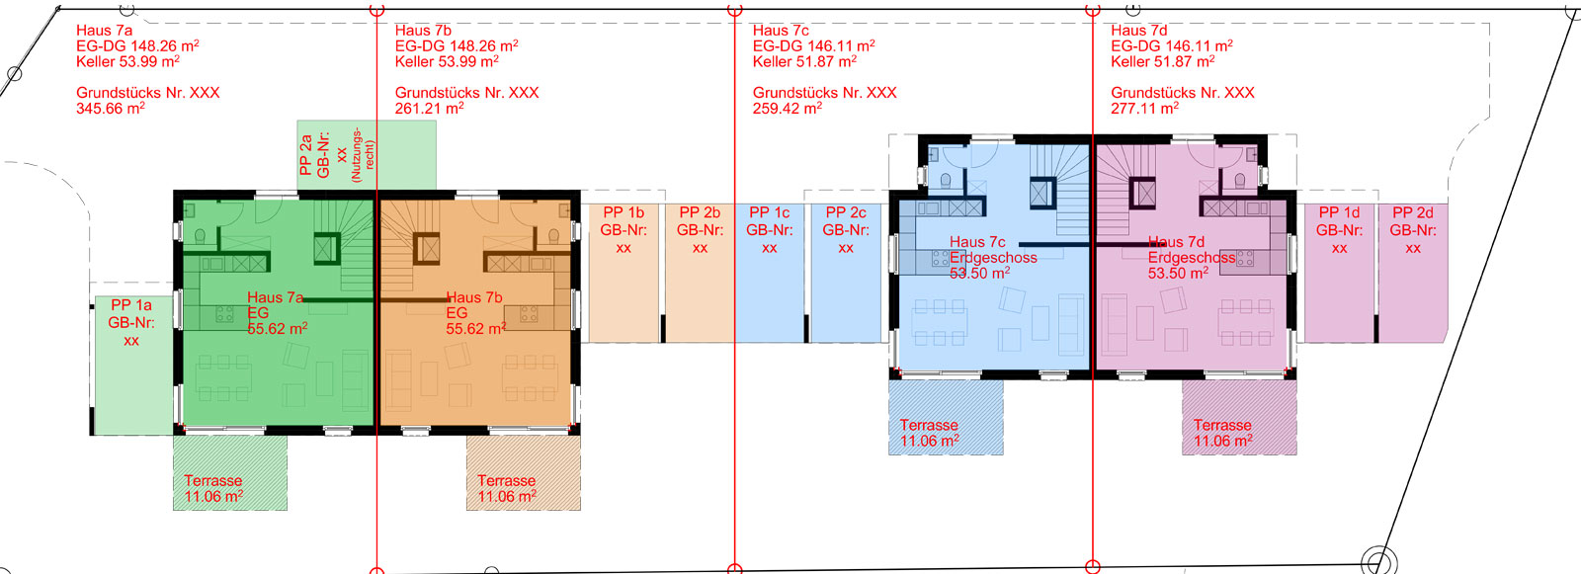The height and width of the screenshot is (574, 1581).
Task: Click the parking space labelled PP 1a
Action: coord(133,365)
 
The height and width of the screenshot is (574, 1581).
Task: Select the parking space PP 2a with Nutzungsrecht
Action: coord(367,155)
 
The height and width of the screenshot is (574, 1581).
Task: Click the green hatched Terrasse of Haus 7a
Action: coord(230,472)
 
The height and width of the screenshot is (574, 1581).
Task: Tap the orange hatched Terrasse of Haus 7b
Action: coord(523,472)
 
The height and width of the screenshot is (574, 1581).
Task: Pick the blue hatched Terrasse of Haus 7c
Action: coord(946,417)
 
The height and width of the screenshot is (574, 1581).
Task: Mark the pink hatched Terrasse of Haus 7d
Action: coord(1239,417)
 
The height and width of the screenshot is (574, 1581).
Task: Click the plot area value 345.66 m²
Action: coord(111,108)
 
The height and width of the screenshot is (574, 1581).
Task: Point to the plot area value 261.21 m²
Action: coord(429,108)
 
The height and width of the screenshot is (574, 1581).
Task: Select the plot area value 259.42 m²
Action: coord(787,108)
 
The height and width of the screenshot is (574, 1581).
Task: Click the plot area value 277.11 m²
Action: coord(1145,108)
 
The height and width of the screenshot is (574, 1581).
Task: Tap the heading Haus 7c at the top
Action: coord(781,31)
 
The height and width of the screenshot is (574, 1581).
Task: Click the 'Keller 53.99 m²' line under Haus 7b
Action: coord(447,61)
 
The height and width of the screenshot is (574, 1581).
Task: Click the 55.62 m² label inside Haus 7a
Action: coord(278,328)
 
